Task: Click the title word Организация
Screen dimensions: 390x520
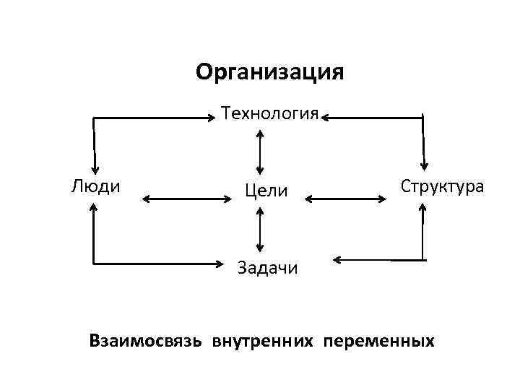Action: (269, 73)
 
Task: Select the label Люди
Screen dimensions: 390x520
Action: (95, 186)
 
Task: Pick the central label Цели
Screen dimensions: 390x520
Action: (266, 190)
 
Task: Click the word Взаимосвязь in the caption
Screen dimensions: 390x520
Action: (147, 339)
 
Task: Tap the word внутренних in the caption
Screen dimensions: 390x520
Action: (263, 339)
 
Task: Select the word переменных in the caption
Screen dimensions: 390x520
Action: (379, 339)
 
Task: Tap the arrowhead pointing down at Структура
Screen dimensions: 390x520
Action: (425, 165)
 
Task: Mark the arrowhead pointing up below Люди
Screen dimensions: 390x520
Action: (93, 207)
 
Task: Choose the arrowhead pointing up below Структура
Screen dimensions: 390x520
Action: (423, 207)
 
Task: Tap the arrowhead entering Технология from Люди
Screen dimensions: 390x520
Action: (214, 116)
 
